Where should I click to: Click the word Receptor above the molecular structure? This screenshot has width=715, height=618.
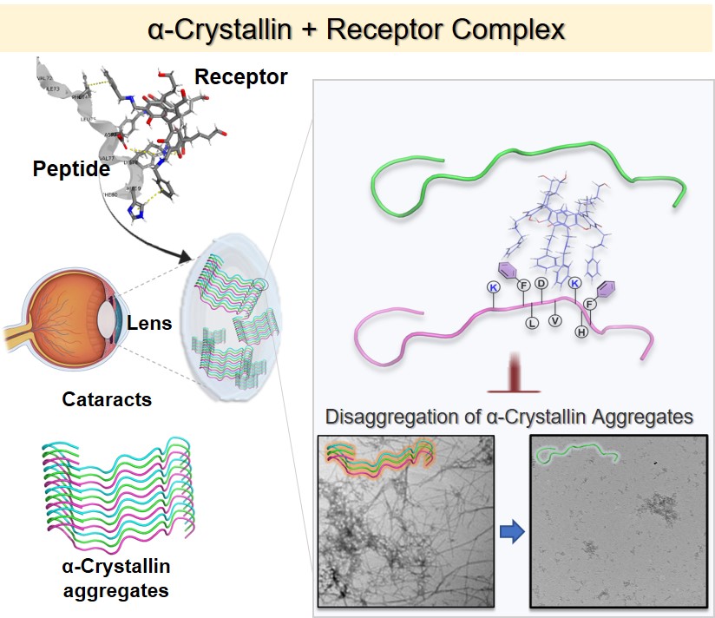point(240,77)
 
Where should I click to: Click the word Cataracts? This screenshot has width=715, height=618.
point(107,400)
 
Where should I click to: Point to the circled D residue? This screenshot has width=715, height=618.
point(541,283)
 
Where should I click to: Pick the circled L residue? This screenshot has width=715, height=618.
point(533,323)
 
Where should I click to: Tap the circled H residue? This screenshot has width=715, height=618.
point(582,332)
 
